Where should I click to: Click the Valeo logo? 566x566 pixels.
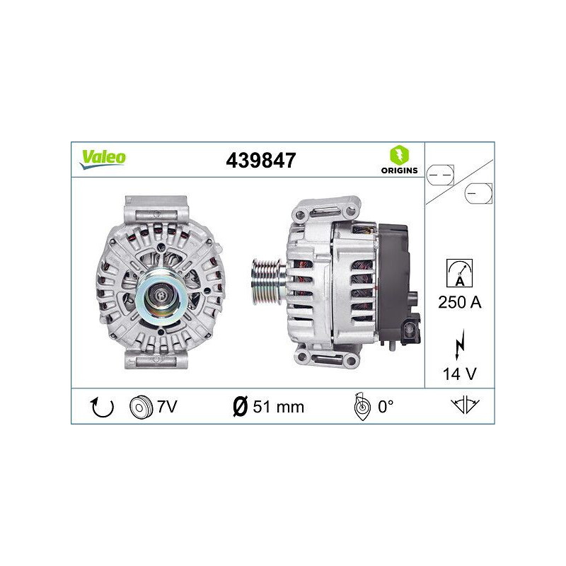pyautogui.click(x=103, y=158)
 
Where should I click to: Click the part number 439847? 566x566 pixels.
pyautogui.click(x=260, y=161)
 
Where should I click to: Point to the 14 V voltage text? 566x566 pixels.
pyautogui.click(x=460, y=374)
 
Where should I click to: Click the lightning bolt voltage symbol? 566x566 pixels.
pyautogui.click(x=460, y=344)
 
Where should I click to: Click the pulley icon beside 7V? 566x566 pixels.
pyautogui.click(x=141, y=407)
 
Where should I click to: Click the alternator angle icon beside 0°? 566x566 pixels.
pyautogui.click(x=362, y=407)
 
